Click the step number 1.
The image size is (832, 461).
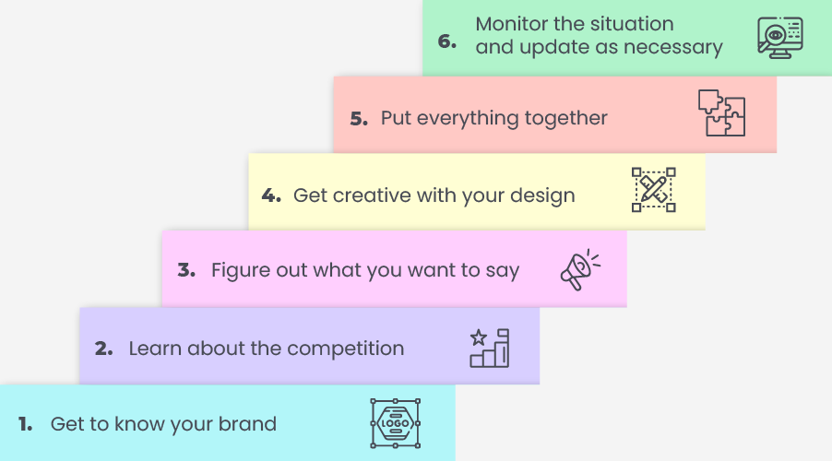point(25,424)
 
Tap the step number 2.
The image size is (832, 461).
point(104,349)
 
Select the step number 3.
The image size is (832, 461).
point(186,270)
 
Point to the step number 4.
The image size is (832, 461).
point(271,195)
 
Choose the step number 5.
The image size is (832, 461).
point(359,118)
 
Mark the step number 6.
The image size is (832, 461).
point(446,41)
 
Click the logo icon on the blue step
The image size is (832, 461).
point(396,423)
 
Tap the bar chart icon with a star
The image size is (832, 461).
point(489,348)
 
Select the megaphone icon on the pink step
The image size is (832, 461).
point(580,269)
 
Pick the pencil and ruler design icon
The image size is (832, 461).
point(654,190)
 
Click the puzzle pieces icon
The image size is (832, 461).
point(721,112)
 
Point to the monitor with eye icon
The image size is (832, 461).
point(780,38)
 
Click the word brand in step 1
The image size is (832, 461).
point(247,424)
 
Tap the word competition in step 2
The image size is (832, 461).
point(345,349)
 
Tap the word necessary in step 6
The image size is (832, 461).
point(672,47)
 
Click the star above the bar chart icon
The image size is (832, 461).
point(479,337)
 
